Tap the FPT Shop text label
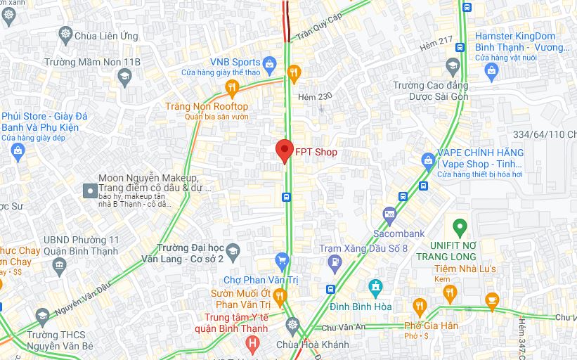316,152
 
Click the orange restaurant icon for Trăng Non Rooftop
232,88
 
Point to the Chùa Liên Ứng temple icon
66,34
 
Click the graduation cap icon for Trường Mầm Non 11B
125,76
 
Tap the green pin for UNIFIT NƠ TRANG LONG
460,228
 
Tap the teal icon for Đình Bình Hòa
375,286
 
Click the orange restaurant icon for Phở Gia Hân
420,306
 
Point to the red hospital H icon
253,343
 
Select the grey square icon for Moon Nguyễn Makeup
89,191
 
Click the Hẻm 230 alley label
314,96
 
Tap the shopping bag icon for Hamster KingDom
491,69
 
